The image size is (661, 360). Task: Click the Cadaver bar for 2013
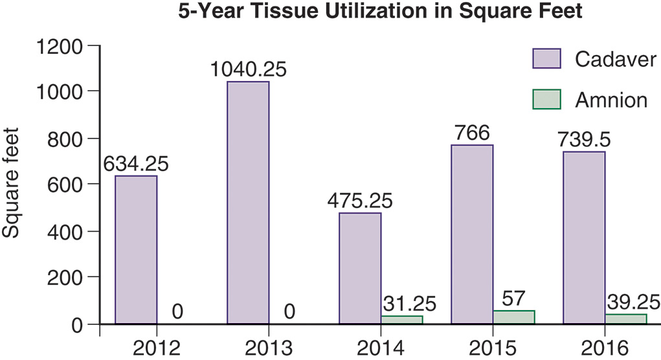click(x=248, y=202)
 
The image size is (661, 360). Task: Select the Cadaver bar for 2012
click(x=136, y=249)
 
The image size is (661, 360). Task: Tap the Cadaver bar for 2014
click(x=360, y=267)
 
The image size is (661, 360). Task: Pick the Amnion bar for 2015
click(x=513, y=317)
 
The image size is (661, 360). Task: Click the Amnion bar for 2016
click(x=626, y=319)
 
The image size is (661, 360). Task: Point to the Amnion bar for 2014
click(x=401, y=319)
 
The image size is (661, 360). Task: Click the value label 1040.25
click(x=248, y=69)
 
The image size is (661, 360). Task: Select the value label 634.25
click(x=136, y=163)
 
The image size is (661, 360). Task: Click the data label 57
click(x=513, y=298)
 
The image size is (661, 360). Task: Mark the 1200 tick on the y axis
click(x=62, y=47)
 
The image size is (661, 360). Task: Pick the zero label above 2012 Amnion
click(x=177, y=312)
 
